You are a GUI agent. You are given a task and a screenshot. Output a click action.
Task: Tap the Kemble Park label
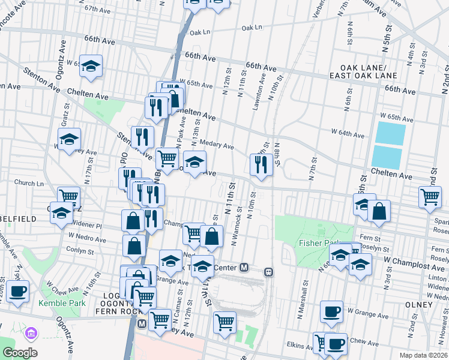point(59,304)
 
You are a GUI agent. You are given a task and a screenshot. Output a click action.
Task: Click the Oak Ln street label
point(252,28)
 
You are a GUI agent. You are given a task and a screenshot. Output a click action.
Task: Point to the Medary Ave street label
point(220,146)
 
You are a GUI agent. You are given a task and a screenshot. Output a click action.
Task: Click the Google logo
point(20,353)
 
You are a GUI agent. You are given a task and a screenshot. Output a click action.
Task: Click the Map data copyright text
point(423,355)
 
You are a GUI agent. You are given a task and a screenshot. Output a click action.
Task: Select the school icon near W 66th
point(91,67)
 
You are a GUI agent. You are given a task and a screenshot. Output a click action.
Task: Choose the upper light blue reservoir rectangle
point(391,133)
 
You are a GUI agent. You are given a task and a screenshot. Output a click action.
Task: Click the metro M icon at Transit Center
point(244,267)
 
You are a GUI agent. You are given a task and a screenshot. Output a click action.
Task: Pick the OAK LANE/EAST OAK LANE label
point(363,71)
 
